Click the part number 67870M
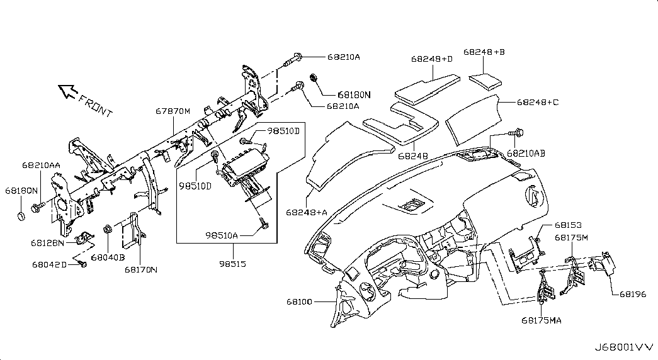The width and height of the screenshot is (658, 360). click(x=173, y=111)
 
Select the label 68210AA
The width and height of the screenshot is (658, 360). click(x=41, y=165)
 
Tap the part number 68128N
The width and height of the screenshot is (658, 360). click(x=48, y=242)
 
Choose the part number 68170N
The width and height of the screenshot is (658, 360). click(x=140, y=269)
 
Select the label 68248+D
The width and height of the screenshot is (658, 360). click(x=432, y=59)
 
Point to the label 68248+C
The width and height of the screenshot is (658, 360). click(x=538, y=102)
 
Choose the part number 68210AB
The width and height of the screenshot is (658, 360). click(x=526, y=153)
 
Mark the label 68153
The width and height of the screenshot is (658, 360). click(x=567, y=224)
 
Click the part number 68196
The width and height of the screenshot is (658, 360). click(x=632, y=293)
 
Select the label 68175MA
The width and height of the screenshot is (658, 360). click(x=541, y=320)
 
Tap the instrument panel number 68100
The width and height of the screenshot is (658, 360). click(x=299, y=302)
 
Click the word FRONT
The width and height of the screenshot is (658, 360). click(x=96, y=106)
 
